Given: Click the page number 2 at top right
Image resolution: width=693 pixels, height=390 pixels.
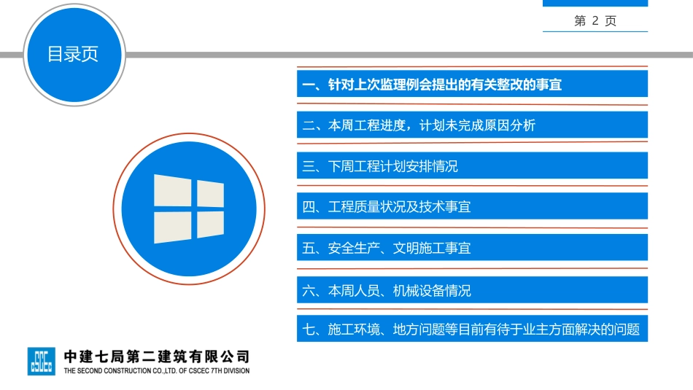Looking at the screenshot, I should [595, 21].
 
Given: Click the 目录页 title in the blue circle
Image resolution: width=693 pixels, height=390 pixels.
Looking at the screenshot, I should [73, 54].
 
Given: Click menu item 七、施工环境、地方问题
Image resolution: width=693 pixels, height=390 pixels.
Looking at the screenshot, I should [472, 329].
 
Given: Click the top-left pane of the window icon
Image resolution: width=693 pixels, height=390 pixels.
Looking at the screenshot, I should [172, 191].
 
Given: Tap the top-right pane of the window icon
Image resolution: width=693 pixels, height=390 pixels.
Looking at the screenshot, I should [210, 192].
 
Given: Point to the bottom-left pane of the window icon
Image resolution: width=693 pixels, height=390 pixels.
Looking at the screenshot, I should [172, 227].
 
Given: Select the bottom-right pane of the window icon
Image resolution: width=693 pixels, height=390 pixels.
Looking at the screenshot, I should [210, 225].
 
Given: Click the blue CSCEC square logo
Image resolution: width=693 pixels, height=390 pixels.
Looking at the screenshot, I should [41, 361].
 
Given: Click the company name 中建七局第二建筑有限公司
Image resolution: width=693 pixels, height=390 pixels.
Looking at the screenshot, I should [157, 356].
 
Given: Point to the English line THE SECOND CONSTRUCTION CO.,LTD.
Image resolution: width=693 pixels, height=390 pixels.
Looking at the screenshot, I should [156, 370].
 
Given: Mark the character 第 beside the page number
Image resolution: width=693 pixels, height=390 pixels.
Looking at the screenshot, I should [581, 21].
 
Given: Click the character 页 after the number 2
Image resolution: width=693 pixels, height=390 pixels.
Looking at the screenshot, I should [611, 21].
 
